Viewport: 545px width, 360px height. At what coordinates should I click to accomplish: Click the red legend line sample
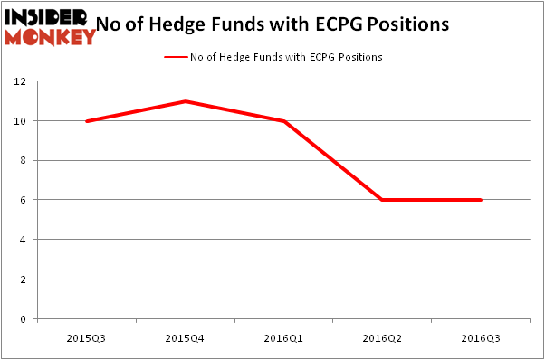174,57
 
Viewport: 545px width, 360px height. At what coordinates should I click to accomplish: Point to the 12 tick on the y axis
23,81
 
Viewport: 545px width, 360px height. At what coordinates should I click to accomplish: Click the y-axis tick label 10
23,121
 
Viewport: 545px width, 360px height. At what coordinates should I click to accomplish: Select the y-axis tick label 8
25,161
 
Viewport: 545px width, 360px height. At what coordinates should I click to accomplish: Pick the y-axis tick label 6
25,200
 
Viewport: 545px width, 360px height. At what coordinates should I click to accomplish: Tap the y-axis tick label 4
25,240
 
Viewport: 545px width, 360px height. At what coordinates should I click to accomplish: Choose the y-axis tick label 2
25,279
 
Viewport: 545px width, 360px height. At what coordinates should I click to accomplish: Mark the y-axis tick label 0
25,319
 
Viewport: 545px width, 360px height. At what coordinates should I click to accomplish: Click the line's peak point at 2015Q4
185,101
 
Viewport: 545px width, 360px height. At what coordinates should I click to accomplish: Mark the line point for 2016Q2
382,200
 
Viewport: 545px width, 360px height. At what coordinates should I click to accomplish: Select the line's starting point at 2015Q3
86,121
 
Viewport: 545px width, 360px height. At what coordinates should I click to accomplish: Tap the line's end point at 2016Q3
481,200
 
